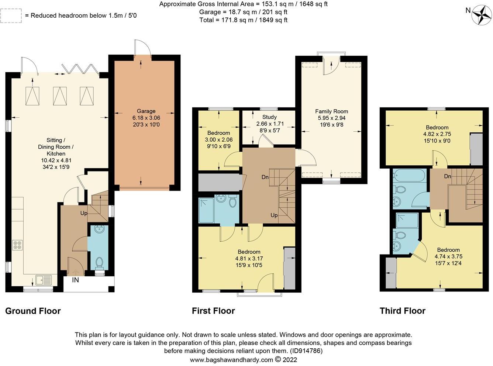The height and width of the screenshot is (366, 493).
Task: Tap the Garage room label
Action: point(146,111)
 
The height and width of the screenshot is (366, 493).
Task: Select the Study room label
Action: point(269,117)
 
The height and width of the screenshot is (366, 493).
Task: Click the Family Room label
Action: point(331,111)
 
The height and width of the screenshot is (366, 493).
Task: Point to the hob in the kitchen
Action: point(18,245)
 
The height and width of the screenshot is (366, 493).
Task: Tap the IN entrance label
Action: point(75,280)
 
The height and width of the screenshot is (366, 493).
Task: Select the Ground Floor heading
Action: point(33,311)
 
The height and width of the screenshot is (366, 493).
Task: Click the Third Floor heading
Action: point(402,311)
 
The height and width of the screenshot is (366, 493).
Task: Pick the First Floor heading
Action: point(213,311)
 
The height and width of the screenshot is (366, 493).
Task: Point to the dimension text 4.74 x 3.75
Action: point(448,256)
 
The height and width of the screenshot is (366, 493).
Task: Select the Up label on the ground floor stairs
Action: point(84,213)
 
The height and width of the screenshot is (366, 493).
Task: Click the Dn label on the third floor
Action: point(448,176)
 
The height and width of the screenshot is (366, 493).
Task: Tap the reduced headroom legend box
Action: point(11,15)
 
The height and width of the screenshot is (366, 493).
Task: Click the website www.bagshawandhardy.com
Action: point(231,360)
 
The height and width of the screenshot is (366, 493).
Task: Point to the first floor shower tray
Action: point(206,210)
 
